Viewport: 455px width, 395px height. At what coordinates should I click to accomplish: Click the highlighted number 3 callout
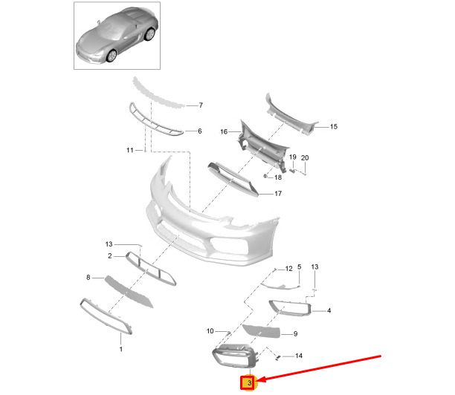[x=249, y=383]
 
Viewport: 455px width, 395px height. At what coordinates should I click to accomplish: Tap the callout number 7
[x=201, y=105]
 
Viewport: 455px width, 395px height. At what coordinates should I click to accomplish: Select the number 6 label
[x=200, y=131]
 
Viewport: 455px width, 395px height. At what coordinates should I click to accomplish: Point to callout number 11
[x=129, y=150]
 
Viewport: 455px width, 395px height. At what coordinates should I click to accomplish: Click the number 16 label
[x=224, y=132]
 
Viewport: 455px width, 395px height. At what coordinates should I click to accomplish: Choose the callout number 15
[x=334, y=127]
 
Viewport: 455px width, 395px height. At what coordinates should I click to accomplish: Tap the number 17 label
[x=278, y=193]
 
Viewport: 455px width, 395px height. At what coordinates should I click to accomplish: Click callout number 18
[x=278, y=177]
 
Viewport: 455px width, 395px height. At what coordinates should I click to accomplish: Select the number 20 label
[x=305, y=158]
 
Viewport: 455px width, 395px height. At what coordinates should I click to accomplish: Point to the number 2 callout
[x=110, y=256]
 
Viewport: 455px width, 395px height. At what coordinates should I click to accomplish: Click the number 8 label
[x=88, y=278]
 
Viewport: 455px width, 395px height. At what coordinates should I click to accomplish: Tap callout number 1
[x=120, y=349]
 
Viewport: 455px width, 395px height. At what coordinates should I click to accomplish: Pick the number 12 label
[x=288, y=269]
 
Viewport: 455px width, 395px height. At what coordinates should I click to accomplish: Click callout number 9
[x=295, y=334]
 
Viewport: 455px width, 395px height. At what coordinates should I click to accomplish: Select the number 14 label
[x=299, y=356]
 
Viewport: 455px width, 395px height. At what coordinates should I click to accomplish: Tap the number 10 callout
[x=210, y=331]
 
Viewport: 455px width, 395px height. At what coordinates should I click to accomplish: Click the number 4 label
[x=329, y=310]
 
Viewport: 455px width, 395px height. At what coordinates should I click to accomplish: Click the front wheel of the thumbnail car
[x=112, y=56]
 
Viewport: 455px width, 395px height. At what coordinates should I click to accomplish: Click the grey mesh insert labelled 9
[x=262, y=331]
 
